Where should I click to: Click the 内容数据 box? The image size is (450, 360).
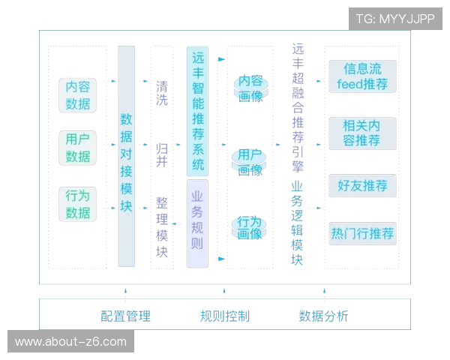(78, 95)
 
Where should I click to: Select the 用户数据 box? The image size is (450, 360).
(78, 148)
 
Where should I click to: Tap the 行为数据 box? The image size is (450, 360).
(78, 203)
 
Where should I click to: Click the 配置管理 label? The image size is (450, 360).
(125, 316)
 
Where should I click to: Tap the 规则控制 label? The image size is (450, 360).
(224, 316)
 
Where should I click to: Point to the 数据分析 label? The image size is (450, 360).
(323, 316)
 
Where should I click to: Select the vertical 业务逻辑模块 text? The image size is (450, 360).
(298, 223)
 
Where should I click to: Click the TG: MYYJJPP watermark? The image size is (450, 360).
(394, 19)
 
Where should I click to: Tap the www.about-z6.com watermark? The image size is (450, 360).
(71, 342)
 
